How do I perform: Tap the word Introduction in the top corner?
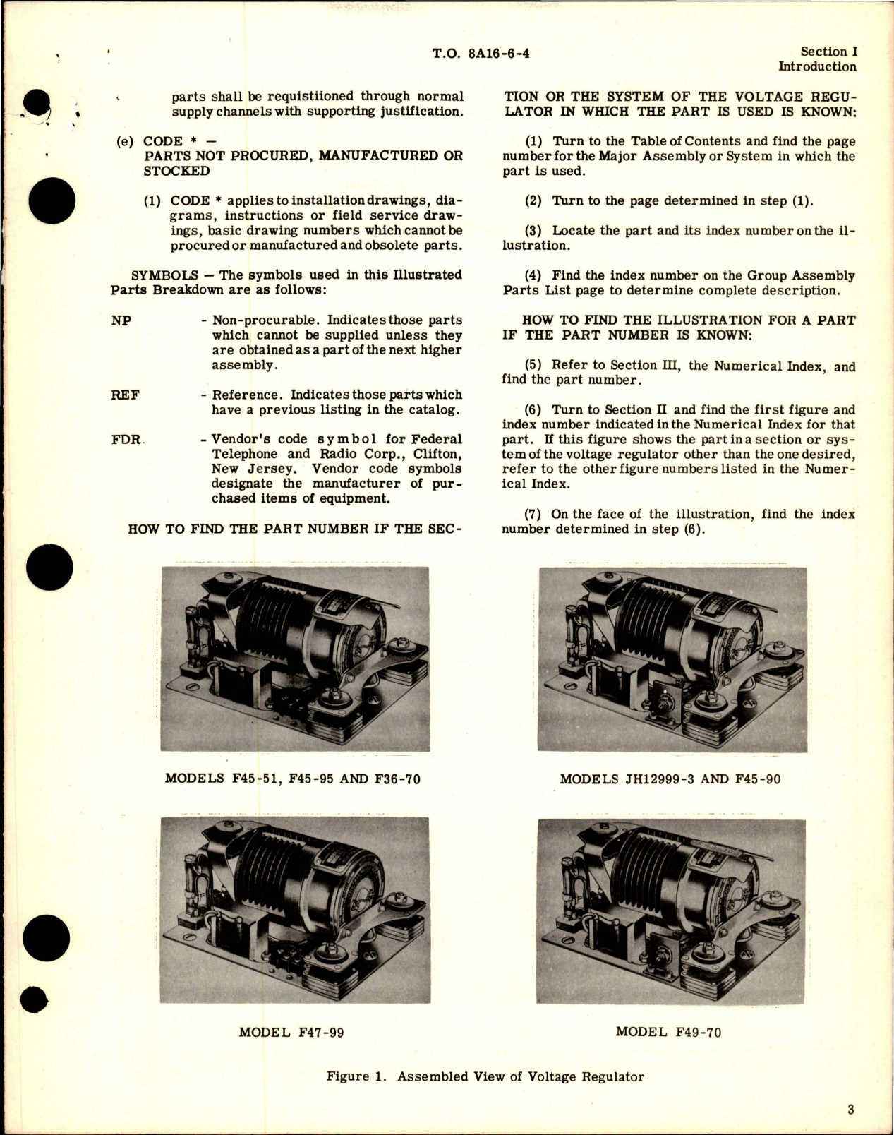point(817,67)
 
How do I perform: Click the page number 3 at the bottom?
point(851,1109)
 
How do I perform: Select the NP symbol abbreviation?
point(121,320)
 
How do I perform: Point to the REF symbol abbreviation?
point(125,395)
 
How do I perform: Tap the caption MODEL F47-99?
point(291,1032)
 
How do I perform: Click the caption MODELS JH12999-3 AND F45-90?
point(670,779)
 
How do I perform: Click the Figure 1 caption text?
point(485,1076)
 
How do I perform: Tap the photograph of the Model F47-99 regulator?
point(295,910)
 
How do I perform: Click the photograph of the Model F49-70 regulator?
point(670,910)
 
